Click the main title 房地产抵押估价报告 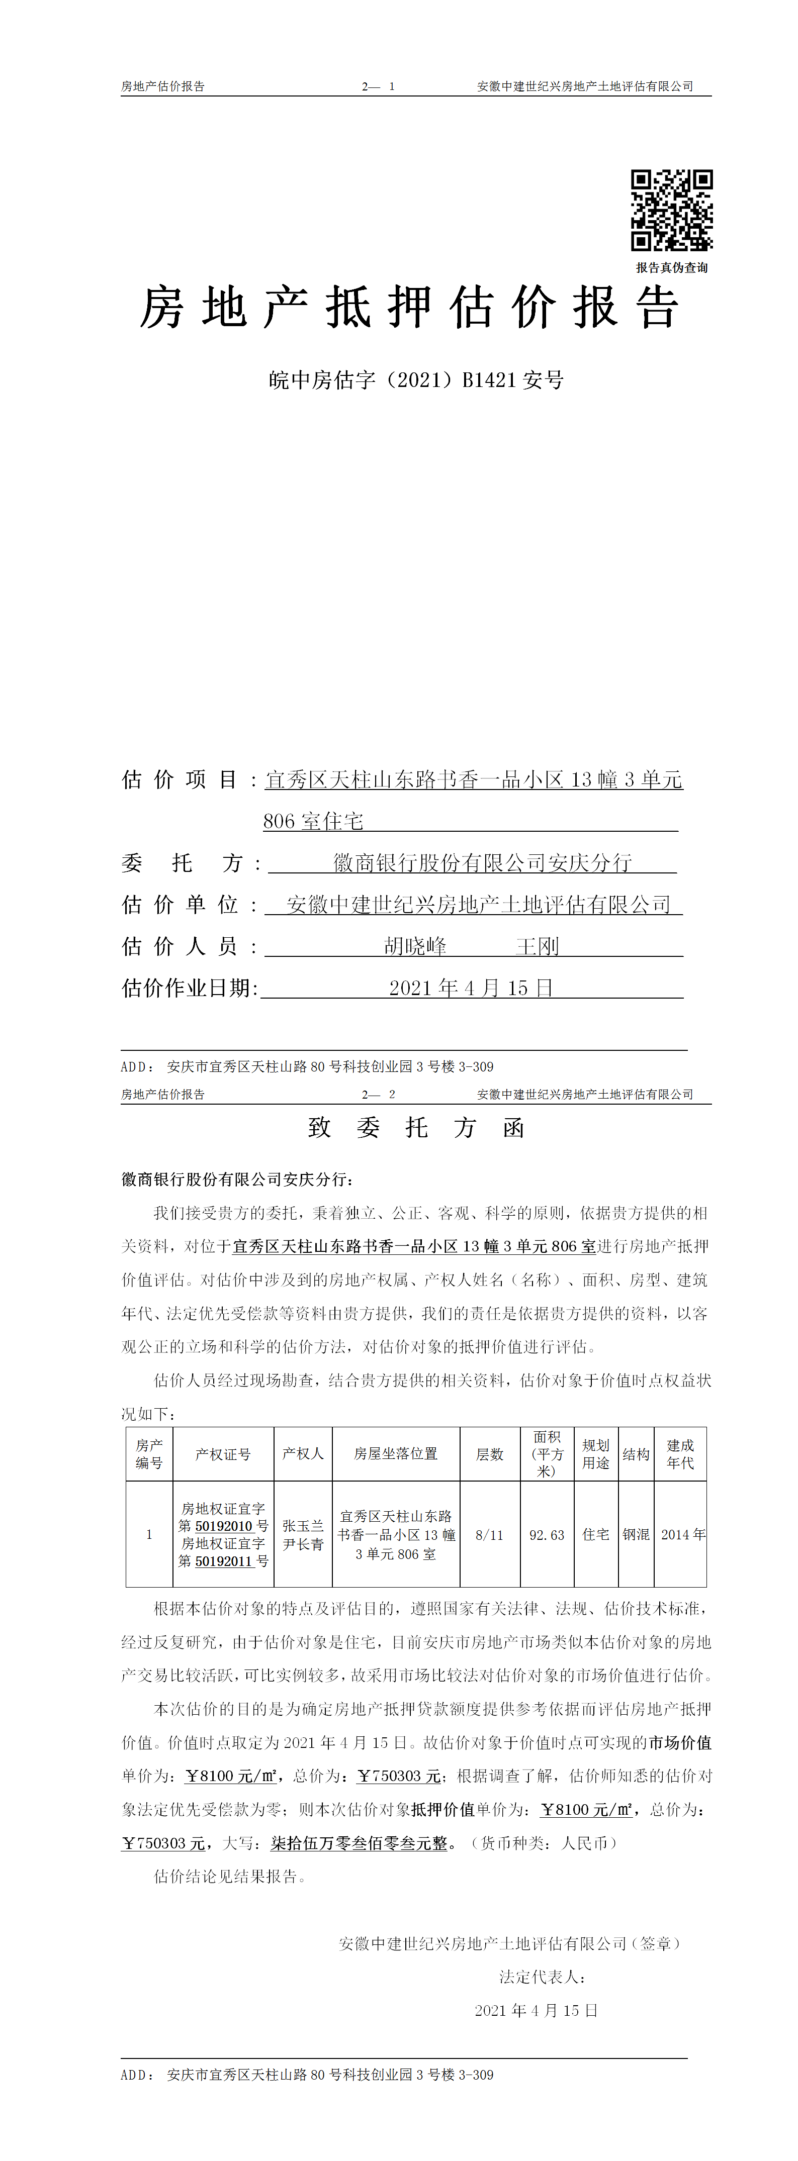pos(409,307)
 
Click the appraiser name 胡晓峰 pos(415,946)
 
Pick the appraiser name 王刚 pos(537,946)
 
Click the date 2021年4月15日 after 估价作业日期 pos(471,988)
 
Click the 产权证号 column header pos(223,1454)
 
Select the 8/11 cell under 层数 pos(489,1535)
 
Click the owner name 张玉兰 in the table pos(303,1526)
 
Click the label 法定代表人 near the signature pos(541,1977)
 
